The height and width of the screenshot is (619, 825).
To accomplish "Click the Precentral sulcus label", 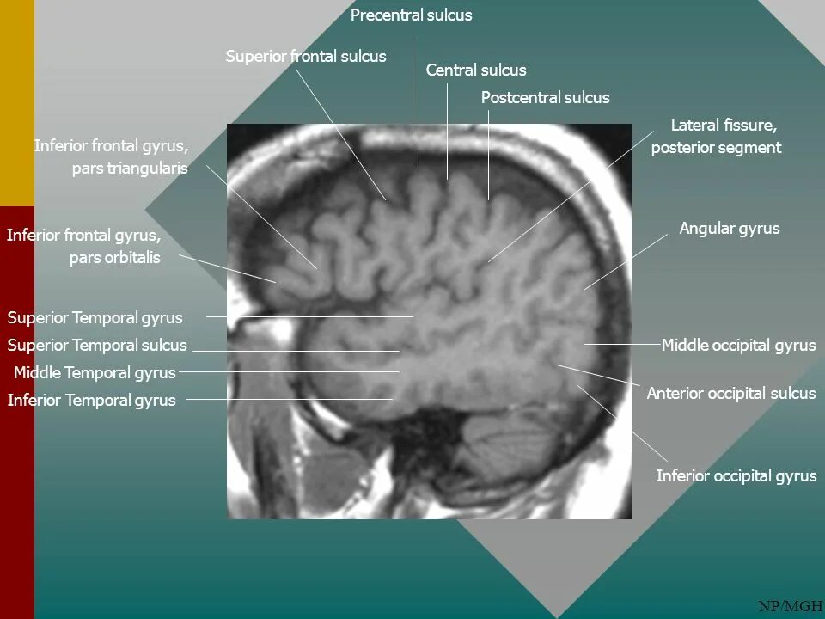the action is tap(412, 15).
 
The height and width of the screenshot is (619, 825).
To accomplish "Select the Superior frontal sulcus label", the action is tap(306, 57).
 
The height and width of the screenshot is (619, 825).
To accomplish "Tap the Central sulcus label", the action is tap(476, 70).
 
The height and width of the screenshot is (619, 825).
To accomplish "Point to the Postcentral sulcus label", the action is tap(545, 98).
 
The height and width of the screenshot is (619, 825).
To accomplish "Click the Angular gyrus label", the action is tap(730, 229).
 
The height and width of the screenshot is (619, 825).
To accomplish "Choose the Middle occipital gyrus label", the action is tap(738, 346).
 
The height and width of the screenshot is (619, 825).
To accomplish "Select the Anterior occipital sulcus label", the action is tap(730, 394).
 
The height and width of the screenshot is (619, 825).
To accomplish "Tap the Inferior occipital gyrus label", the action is tap(736, 476).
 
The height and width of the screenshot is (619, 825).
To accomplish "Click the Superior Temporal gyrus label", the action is tap(95, 318).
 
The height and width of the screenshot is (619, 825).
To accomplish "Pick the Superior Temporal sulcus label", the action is tap(97, 346).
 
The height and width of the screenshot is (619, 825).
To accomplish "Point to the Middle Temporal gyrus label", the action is tap(95, 373).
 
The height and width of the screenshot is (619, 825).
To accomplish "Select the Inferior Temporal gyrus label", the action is tap(91, 401).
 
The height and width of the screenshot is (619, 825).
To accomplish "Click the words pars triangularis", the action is tap(130, 169).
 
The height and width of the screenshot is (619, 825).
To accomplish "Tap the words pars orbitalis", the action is tap(115, 258).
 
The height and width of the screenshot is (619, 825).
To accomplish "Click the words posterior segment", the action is tap(716, 148).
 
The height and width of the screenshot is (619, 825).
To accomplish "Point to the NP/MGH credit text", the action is tap(790, 607).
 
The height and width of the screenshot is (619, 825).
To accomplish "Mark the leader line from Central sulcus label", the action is tap(447, 129).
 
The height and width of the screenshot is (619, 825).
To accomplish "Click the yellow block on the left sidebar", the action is tap(17, 103).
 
